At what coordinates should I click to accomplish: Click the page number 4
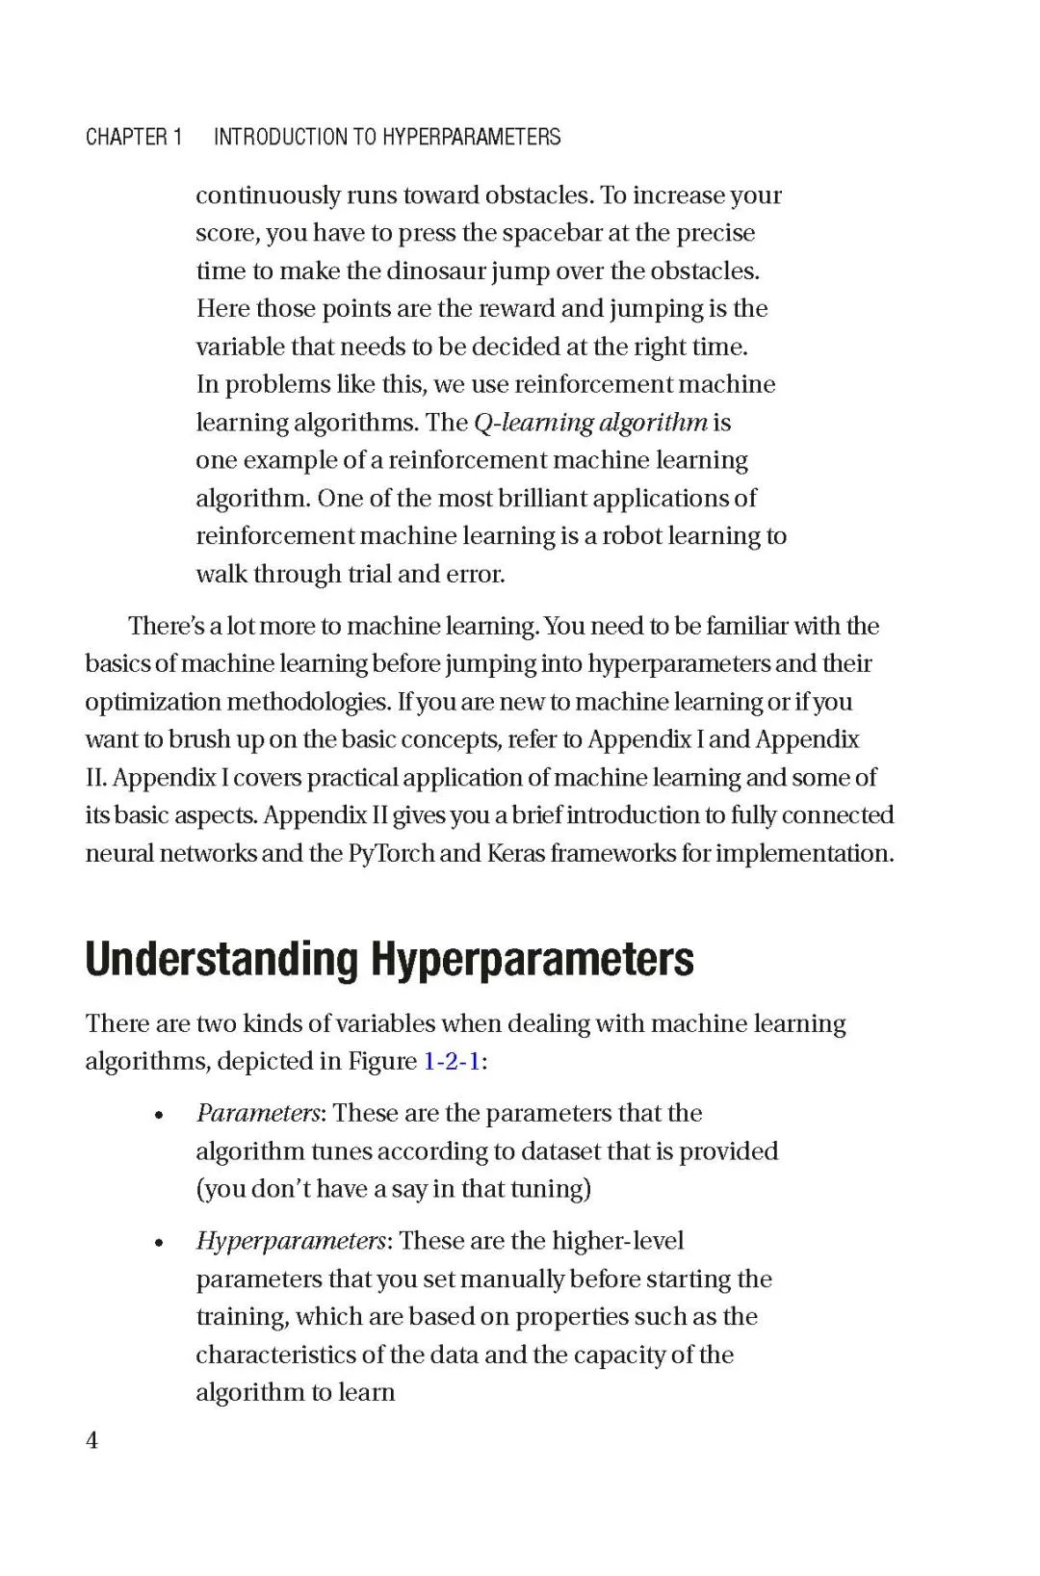92,1440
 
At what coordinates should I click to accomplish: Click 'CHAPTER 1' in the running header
134,137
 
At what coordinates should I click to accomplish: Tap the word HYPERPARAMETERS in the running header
472,137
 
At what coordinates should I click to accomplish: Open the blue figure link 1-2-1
452,1061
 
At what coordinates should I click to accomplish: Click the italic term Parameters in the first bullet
258,1113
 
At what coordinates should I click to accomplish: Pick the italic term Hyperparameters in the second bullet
291,1240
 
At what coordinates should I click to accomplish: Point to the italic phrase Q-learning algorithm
591,423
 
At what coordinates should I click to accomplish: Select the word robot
633,536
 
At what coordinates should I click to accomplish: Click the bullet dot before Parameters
159,1116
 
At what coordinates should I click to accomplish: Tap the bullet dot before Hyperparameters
159,1243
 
